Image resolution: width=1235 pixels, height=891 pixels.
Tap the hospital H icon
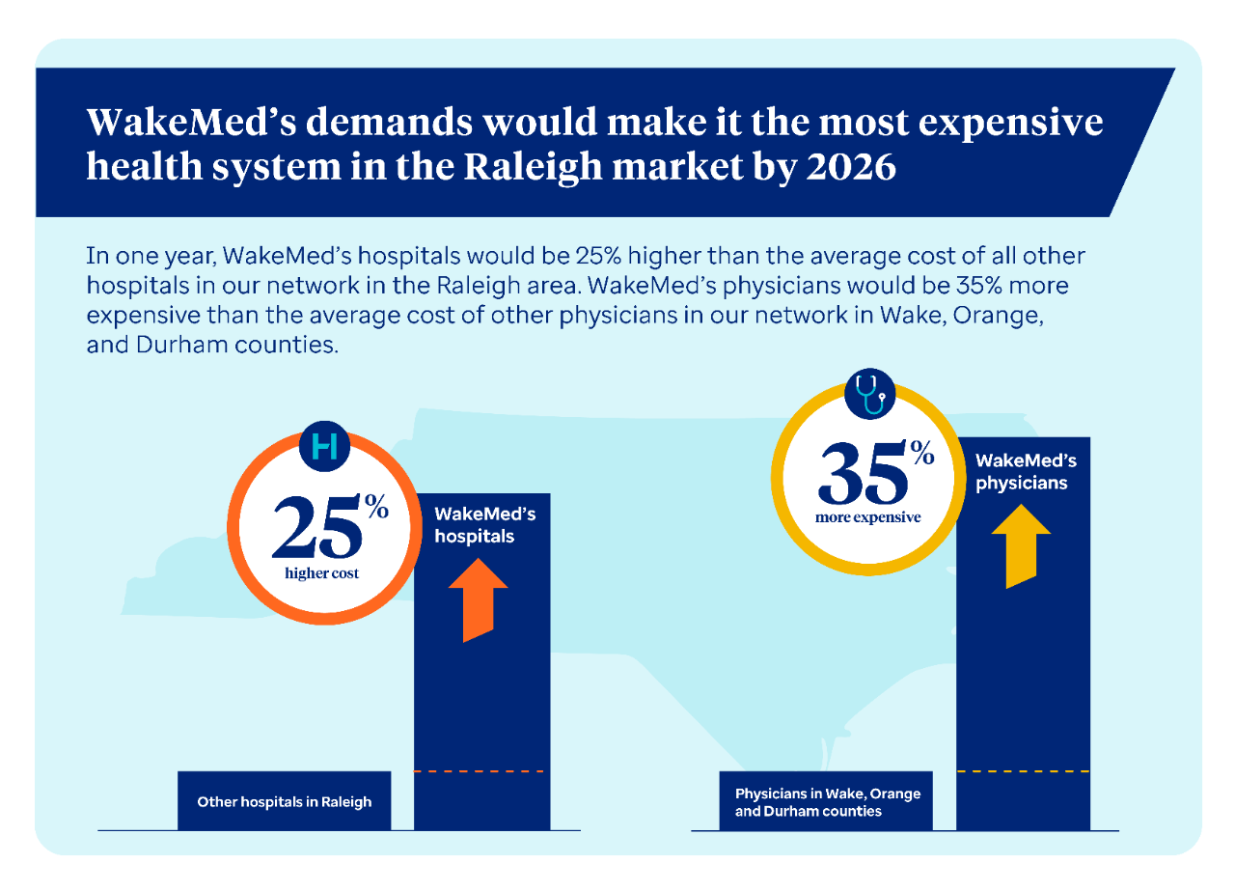tap(324, 446)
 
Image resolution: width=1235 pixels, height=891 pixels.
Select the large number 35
tap(862, 474)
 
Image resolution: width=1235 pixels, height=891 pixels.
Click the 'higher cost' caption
tap(321, 574)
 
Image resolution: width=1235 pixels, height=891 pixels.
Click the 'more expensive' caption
tap(867, 517)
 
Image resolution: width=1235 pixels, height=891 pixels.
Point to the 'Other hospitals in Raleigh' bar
tap(284, 801)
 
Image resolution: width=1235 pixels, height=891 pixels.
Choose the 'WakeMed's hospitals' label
tap(484, 525)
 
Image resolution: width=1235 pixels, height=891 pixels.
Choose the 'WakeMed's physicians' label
tap(1026, 472)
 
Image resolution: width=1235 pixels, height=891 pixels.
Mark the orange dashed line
tap(481, 771)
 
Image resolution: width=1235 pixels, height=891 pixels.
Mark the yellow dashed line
tap(1023, 771)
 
